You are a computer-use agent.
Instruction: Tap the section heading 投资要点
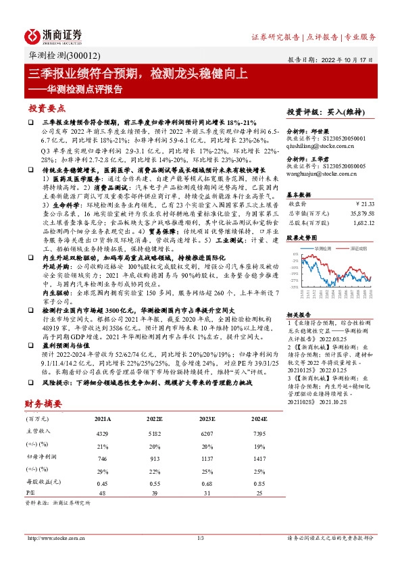pyautogui.click(x=47, y=108)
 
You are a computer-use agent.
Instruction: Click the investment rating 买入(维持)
pyautogui.click(x=334, y=112)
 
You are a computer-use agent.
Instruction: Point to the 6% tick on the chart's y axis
pyautogui.click(x=295, y=254)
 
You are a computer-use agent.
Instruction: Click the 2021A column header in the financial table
pyautogui.click(x=103, y=419)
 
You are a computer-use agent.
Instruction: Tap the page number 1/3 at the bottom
pyautogui.click(x=201, y=538)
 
